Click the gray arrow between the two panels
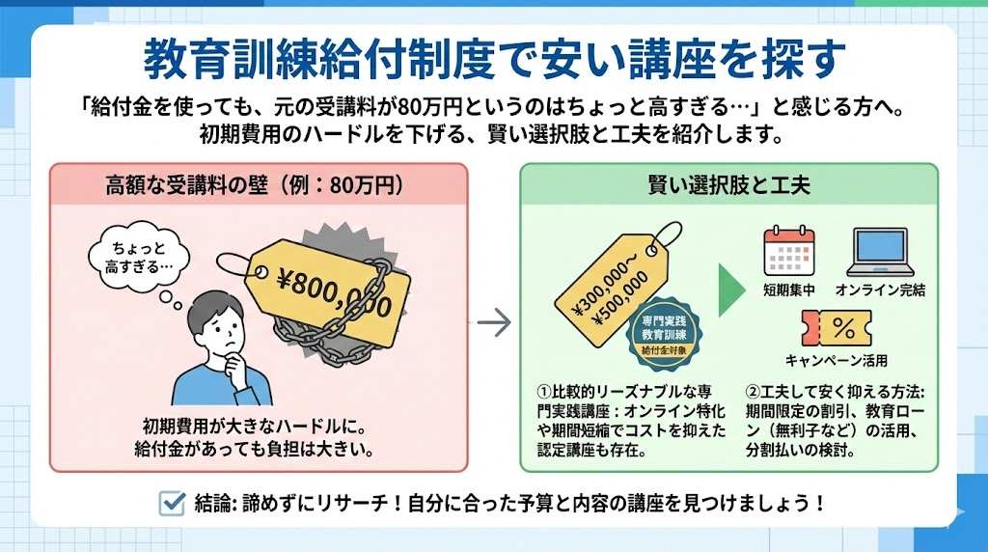(494, 323)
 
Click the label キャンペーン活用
(836, 361)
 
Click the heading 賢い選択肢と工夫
(728, 183)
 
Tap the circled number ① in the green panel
(543, 393)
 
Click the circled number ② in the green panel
(754, 393)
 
